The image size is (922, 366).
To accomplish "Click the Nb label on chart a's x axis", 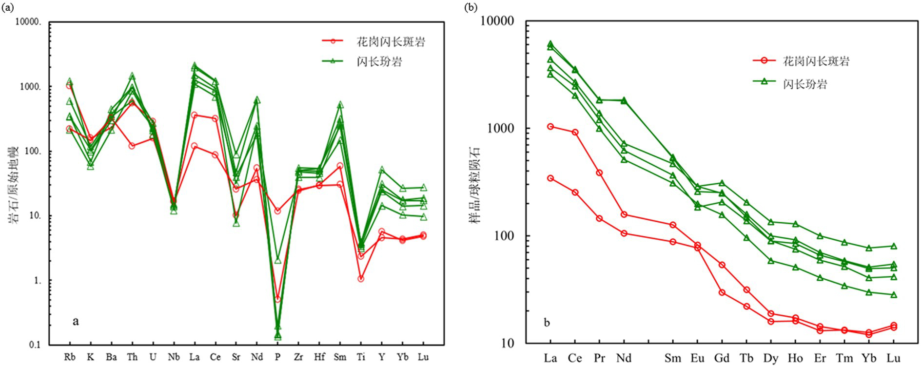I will coord(174,357).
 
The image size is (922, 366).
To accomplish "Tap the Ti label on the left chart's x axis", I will coord(361,357).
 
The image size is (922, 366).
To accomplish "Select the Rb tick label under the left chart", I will coord(70,357).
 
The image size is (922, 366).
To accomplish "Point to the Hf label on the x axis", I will coord(319,357).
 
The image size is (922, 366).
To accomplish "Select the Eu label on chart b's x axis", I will coord(697,358).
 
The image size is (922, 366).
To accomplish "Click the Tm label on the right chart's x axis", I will coord(844,358).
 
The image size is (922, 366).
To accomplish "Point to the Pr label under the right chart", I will coord(599,358).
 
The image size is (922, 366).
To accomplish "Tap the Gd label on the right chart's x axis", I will coord(722,358).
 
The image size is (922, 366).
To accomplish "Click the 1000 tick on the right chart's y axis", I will coord(501,129).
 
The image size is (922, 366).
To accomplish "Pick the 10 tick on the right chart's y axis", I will coord(508,343).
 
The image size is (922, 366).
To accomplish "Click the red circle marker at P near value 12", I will coord(278,211).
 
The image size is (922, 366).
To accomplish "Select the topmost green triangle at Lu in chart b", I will coord(893,246).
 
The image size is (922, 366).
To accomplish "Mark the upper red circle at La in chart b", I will coord(550,127).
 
